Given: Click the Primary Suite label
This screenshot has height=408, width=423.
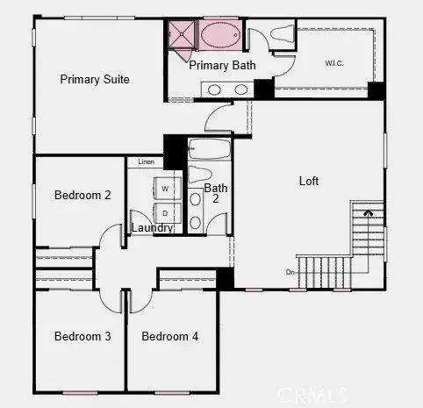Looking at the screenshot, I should click(x=95, y=80).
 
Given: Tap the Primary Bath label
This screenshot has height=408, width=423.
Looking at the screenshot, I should click(x=221, y=65).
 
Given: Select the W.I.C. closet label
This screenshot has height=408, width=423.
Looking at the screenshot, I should click(x=333, y=62).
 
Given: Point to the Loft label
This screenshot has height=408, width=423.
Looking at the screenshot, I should click(x=309, y=182).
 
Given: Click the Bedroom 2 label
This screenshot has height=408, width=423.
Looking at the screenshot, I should click(x=82, y=195).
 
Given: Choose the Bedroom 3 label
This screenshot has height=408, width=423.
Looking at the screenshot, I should click(x=82, y=336).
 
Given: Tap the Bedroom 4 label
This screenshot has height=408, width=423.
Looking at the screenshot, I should click(x=170, y=336).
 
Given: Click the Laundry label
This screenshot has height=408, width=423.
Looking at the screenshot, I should click(x=151, y=228).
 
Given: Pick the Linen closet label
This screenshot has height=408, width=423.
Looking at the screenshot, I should click(x=145, y=162).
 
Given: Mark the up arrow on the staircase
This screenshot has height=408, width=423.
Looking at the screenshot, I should click(x=368, y=211).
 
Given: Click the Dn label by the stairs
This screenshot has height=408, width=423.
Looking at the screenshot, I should click(x=290, y=272).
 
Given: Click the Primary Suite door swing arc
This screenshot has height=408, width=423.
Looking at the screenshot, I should click(x=218, y=114).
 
